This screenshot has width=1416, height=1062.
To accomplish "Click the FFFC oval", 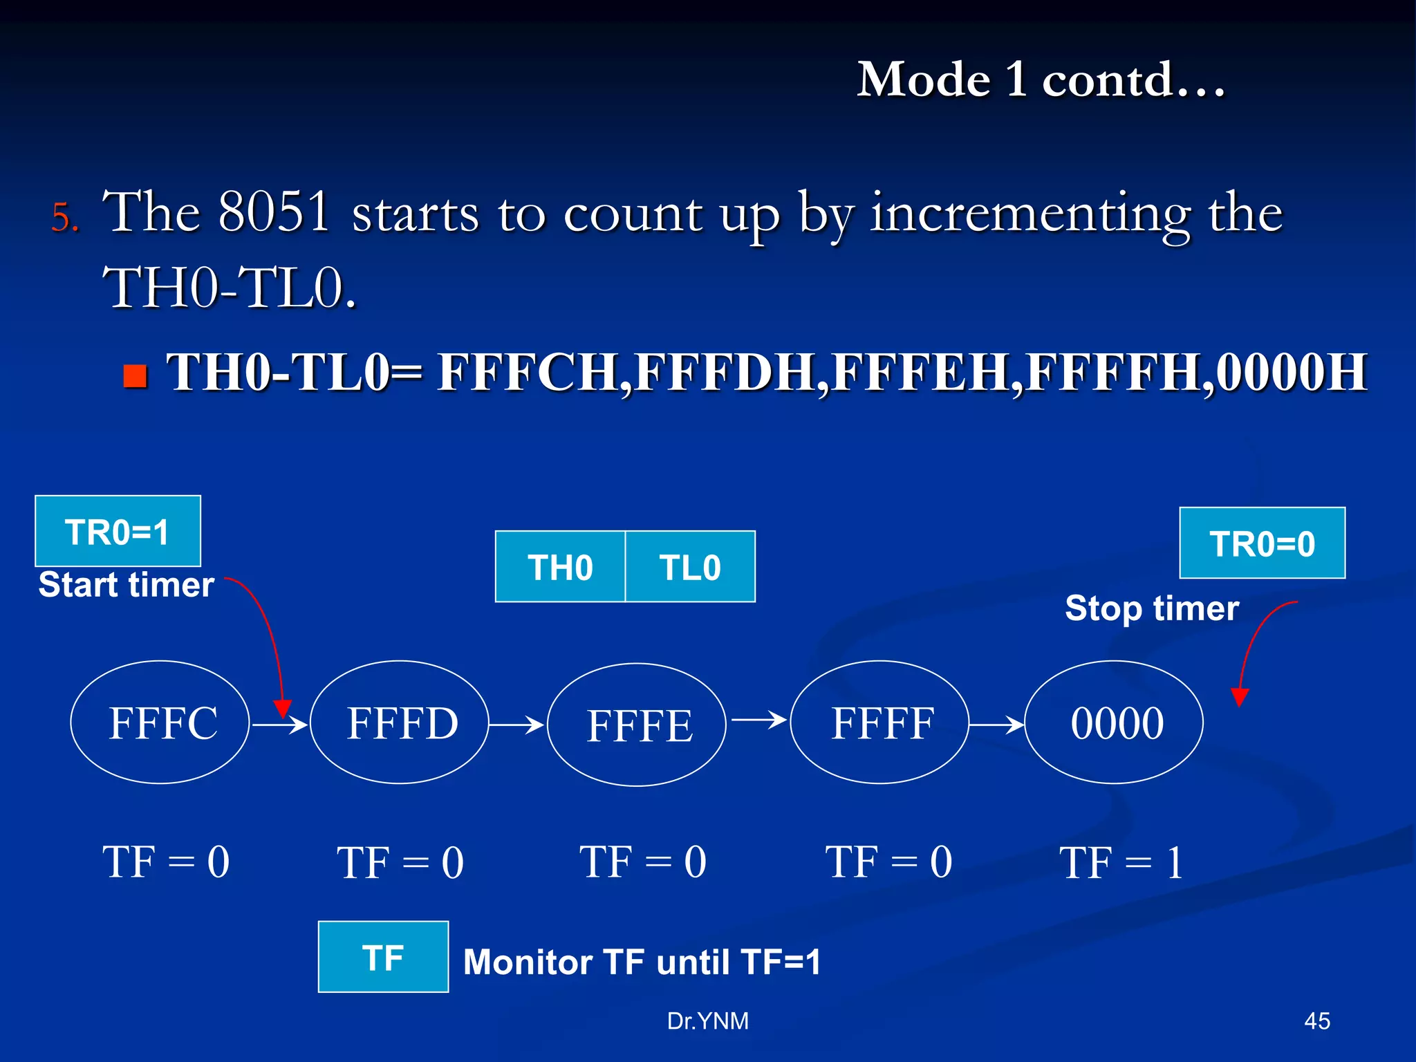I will pos(160,723).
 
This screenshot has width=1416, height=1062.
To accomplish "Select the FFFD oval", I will pos(400,723).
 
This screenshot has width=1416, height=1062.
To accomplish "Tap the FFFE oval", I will pos(637,725).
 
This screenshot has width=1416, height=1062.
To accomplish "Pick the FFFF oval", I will pos(879,723).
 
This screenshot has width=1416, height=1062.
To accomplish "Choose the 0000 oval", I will pos(1114,723).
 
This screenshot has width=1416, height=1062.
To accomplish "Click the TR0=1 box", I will pos(118,531).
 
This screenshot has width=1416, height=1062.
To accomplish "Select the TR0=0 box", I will pos(1262,543).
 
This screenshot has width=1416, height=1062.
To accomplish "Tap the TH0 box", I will pos(560,567).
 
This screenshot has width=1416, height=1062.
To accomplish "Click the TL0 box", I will pos(690,567).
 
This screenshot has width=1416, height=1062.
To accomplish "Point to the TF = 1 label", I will pos(1121,863).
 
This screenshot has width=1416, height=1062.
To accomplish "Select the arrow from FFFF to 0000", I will pos(996,725).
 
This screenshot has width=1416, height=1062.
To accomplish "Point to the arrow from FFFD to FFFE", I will pos(516,725).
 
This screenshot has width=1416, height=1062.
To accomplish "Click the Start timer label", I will pos(127,585).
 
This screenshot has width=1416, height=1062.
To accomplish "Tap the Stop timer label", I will pos(1152,608).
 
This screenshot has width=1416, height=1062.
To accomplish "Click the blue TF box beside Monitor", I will pos(383,957).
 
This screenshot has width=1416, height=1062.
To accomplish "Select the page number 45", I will pos(1316,1021).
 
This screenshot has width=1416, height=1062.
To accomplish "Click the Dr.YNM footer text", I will pos(707,1021).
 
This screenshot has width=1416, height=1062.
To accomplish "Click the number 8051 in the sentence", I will pos(274,212).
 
